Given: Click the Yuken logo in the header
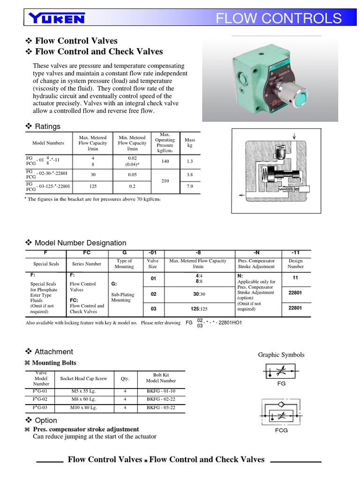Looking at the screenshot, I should click(x=57, y=18).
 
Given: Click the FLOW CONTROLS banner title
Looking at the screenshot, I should click(x=278, y=18).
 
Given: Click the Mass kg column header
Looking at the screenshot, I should click(x=190, y=142).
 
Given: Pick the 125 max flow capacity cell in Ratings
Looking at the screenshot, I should click(x=93, y=186).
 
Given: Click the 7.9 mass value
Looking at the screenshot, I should click(x=190, y=186).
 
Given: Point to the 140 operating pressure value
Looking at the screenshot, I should click(x=165, y=161).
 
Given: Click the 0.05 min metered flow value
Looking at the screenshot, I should click(x=132, y=174).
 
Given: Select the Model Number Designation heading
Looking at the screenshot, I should click(x=80, y=243).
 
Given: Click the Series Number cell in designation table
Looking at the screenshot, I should click(x=87, y=264).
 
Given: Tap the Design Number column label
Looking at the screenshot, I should click(x=295, y=263).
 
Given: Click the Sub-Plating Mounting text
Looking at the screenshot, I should click(x=123, y=297).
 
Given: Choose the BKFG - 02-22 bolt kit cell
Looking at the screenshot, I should click(x=161, y=399).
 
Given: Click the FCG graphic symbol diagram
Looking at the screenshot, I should click(x=281, y=411).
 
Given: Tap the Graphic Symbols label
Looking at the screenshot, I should click(x=281, y=355).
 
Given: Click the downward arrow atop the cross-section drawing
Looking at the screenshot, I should click(x=294, y=136).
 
